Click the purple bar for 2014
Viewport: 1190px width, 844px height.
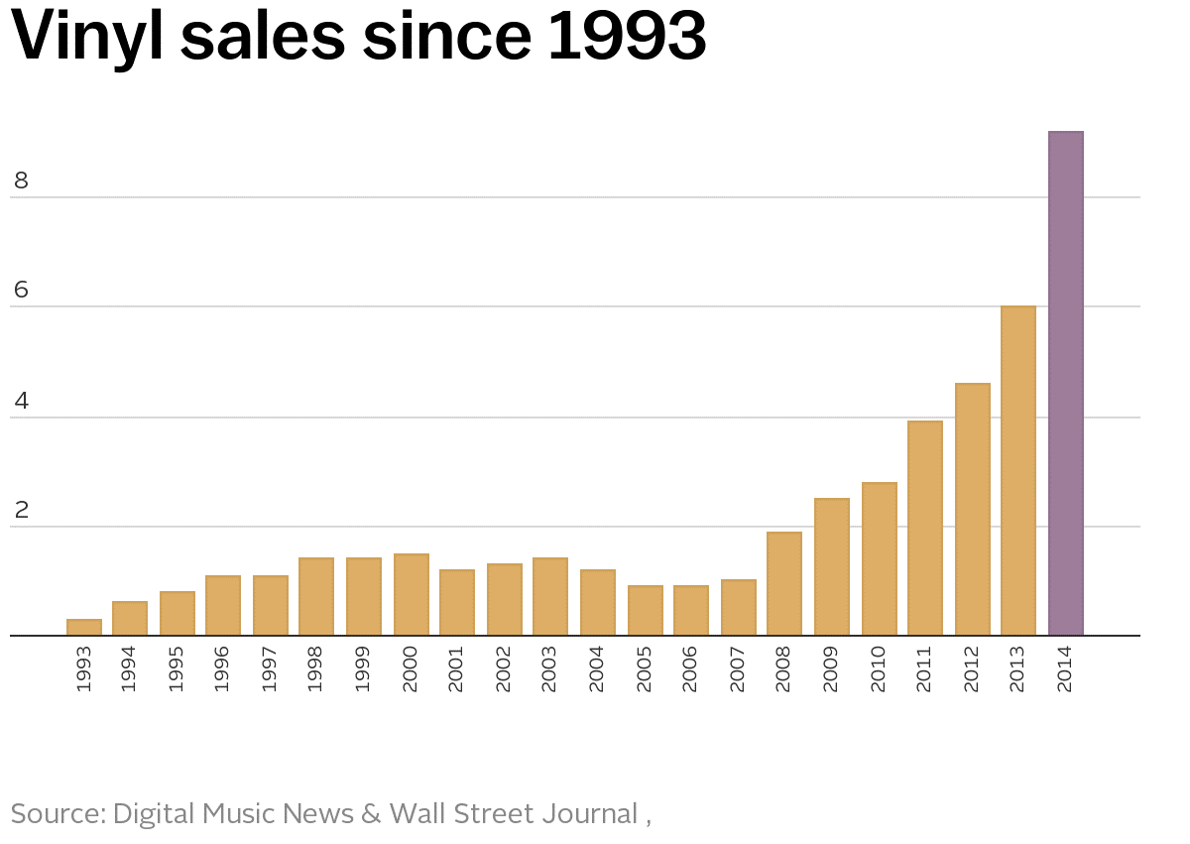tap(1066, 383)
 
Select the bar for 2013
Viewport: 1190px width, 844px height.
tap(1018, 470)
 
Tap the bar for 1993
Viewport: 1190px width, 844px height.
tap(84, 627)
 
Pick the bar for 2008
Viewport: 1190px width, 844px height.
tap(784, 583)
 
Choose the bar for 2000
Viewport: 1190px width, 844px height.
tap(412, 594)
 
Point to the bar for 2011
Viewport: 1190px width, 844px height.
tap(925, 528)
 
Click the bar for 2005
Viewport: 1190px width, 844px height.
tap(646, 610)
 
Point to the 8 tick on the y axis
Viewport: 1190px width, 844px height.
tap(21, 181)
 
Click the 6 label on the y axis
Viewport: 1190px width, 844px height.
tap(21, 291)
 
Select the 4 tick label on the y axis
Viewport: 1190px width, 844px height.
tap(21, 402)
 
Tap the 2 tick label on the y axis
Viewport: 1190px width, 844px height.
tap(21, 511)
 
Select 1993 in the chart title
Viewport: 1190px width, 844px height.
tap(627, 36)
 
